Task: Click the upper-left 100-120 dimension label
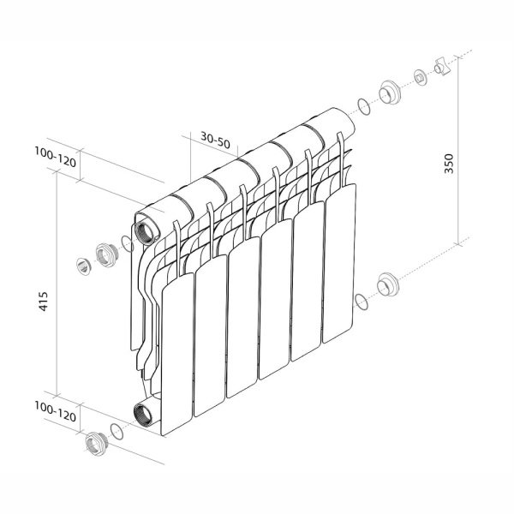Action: (x=56, y=158)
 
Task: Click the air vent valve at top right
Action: (x=441, y=66)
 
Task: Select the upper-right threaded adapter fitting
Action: (x=390, y=92)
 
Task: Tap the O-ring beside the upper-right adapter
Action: (x=364, y=106)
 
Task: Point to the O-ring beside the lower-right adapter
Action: (x=362, y=301)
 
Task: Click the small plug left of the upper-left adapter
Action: (x=84, y=265)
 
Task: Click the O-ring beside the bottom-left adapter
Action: (x=117, y=432)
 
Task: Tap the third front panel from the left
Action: (x=242, y=317)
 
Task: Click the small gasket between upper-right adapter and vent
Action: (x=421, y=77)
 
